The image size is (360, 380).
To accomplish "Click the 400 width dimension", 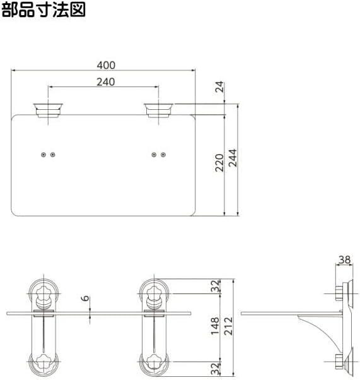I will pyautogui.click(x=105, y=64).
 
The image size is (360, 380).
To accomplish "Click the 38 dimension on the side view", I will pyautogui.click(x=344, y=258).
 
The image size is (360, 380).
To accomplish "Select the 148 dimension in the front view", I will pyautogui.click(x=216, y=326).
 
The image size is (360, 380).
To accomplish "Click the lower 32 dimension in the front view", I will pyautogui.click(x=216, y=365).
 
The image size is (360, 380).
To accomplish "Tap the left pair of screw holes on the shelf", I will pyautogui.click(x=48, y=155).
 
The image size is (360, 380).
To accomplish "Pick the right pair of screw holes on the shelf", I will pyautogui.click(x=159, y=155).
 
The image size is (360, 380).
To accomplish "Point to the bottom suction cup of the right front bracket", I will pyautogui.click(x=154, y=364).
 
